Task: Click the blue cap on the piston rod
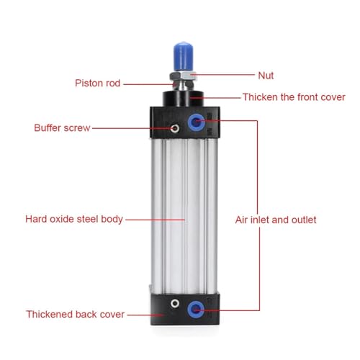[183, 56]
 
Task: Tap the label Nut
[266, 76]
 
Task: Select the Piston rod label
[97, 84]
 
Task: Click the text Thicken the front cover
[294, 97]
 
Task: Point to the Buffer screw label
[62, 128]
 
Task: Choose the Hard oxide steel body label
[74, 220]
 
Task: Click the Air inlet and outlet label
[276, 220]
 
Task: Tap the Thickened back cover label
[75, 315]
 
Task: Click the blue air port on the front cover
[196, 122]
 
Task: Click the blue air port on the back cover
[196, 310]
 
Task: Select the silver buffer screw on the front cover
[175, 128]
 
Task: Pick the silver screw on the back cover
[175, 303]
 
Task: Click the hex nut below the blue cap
[183, 76]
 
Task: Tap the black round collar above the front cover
[184, 99]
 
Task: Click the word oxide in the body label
[62, 220]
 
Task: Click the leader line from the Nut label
[222, 75]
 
